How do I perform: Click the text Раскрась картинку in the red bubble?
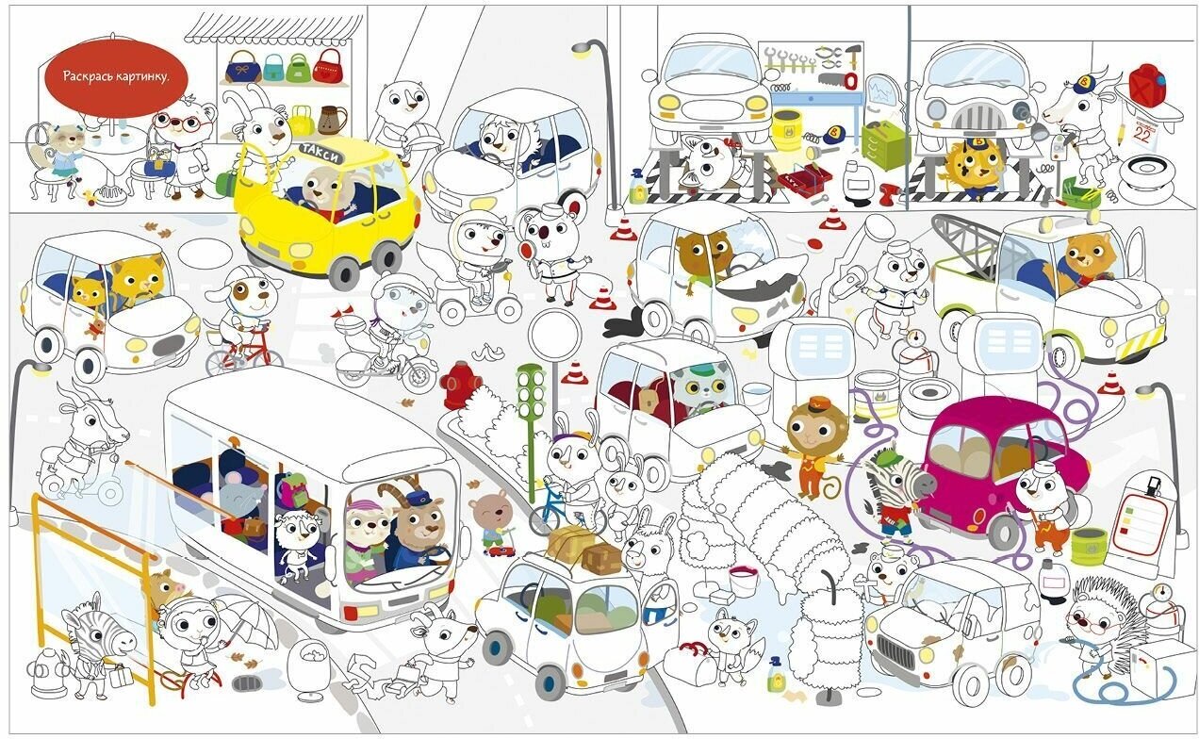(114, 75)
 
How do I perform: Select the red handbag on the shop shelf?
(327, 67)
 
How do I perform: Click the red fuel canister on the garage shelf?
(1147, 84)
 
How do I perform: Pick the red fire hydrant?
(460, 384)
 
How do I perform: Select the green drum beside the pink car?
(1088, 546)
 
